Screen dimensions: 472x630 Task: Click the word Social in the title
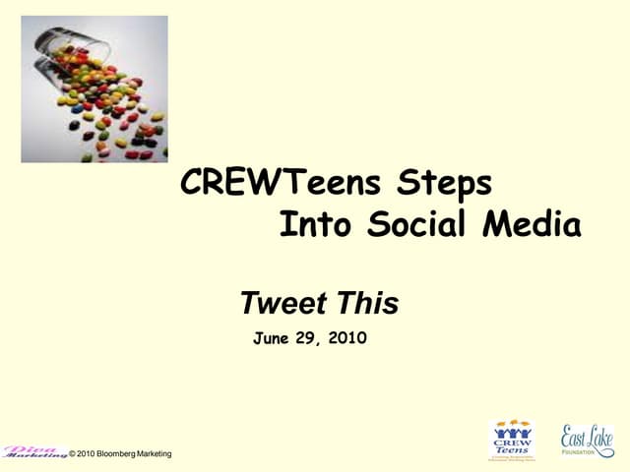coord(418,225)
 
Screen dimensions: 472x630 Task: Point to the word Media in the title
coord(532,225)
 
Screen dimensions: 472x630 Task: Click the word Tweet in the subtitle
coord(281,303)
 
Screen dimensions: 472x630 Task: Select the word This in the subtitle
coord(365,303)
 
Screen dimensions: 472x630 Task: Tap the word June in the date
coord(271,338)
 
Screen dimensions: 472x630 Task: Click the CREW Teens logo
coord(511,438)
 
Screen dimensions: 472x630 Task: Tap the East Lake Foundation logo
coord(587,439)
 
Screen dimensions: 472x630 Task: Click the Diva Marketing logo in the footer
coord(34,451)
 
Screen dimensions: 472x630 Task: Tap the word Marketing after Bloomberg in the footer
coord(152,453)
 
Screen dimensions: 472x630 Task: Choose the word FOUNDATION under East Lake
coord(587,452)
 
